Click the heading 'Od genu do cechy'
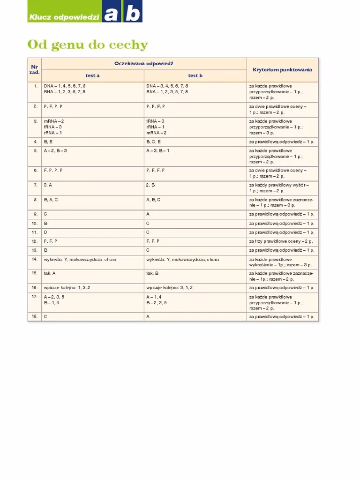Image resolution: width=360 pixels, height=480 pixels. point(88,45)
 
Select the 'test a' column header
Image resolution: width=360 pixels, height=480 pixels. point(92,75)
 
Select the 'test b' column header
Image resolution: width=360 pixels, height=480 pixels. point(195,75)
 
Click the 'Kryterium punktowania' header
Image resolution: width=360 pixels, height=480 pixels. point(282,70)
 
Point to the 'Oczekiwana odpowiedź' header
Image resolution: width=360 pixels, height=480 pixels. point(144,63)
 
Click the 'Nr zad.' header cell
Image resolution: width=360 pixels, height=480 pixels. point(35,70)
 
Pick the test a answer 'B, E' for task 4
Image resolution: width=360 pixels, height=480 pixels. point(48,141)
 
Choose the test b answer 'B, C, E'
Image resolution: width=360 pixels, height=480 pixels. point(153,141)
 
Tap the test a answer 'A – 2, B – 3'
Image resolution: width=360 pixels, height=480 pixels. point(55,150)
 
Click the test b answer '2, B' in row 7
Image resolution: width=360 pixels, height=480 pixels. point(150,185)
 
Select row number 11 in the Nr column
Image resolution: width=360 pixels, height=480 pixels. point(35,232)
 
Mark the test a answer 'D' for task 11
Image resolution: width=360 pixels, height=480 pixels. point(46,232)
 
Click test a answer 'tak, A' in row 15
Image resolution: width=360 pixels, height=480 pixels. point(50,273)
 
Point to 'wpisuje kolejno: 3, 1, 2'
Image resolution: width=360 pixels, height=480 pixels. point(169,287)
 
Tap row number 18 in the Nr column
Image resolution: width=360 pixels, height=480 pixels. point(35,317)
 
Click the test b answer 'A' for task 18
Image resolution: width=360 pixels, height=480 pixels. point(148,317)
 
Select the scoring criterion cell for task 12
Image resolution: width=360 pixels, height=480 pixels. point(281,241)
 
